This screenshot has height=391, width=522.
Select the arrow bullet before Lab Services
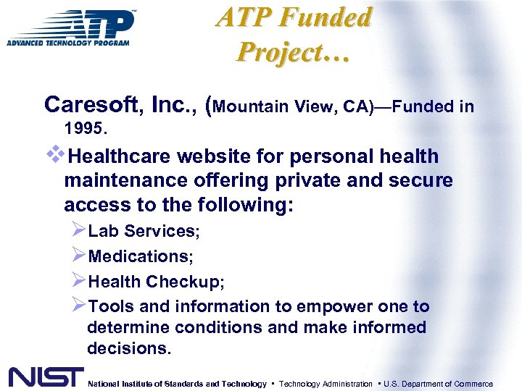(79, 230)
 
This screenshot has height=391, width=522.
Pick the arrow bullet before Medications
(79, 255)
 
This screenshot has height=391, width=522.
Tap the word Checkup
(185, 282)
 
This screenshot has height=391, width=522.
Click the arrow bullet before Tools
(79, 306)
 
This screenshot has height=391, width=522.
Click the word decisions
(129, 348)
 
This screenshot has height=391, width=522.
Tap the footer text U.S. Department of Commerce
(437, 384)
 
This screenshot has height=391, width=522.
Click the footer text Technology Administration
(326, 384)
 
